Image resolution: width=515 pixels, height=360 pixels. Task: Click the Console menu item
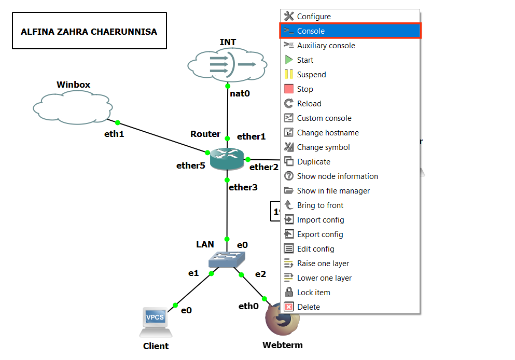click(311, 31)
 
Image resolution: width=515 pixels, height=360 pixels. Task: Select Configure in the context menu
click(313, 17)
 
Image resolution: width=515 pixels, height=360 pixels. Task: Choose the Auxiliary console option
click(326, 46)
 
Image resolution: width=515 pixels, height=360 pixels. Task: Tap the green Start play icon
click(289, 60)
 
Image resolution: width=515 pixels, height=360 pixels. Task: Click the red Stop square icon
click(289, 89)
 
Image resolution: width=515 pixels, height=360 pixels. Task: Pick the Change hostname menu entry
click(327, 133)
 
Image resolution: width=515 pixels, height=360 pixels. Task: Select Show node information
click(337, 176)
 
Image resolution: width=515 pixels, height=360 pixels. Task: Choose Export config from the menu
click(319, 234)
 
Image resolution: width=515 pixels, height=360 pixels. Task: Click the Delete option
click(308, 307)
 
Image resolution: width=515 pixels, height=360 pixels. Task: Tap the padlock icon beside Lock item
click(289, 293)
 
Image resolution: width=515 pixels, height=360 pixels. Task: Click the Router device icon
click(227, 158)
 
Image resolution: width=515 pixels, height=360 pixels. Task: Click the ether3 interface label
click(243, 187)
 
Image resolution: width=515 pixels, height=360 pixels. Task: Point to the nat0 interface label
click(240, 94)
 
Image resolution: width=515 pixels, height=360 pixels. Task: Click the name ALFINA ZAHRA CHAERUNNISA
click(89, 32)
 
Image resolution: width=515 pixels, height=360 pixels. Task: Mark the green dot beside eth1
click(118, 123)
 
